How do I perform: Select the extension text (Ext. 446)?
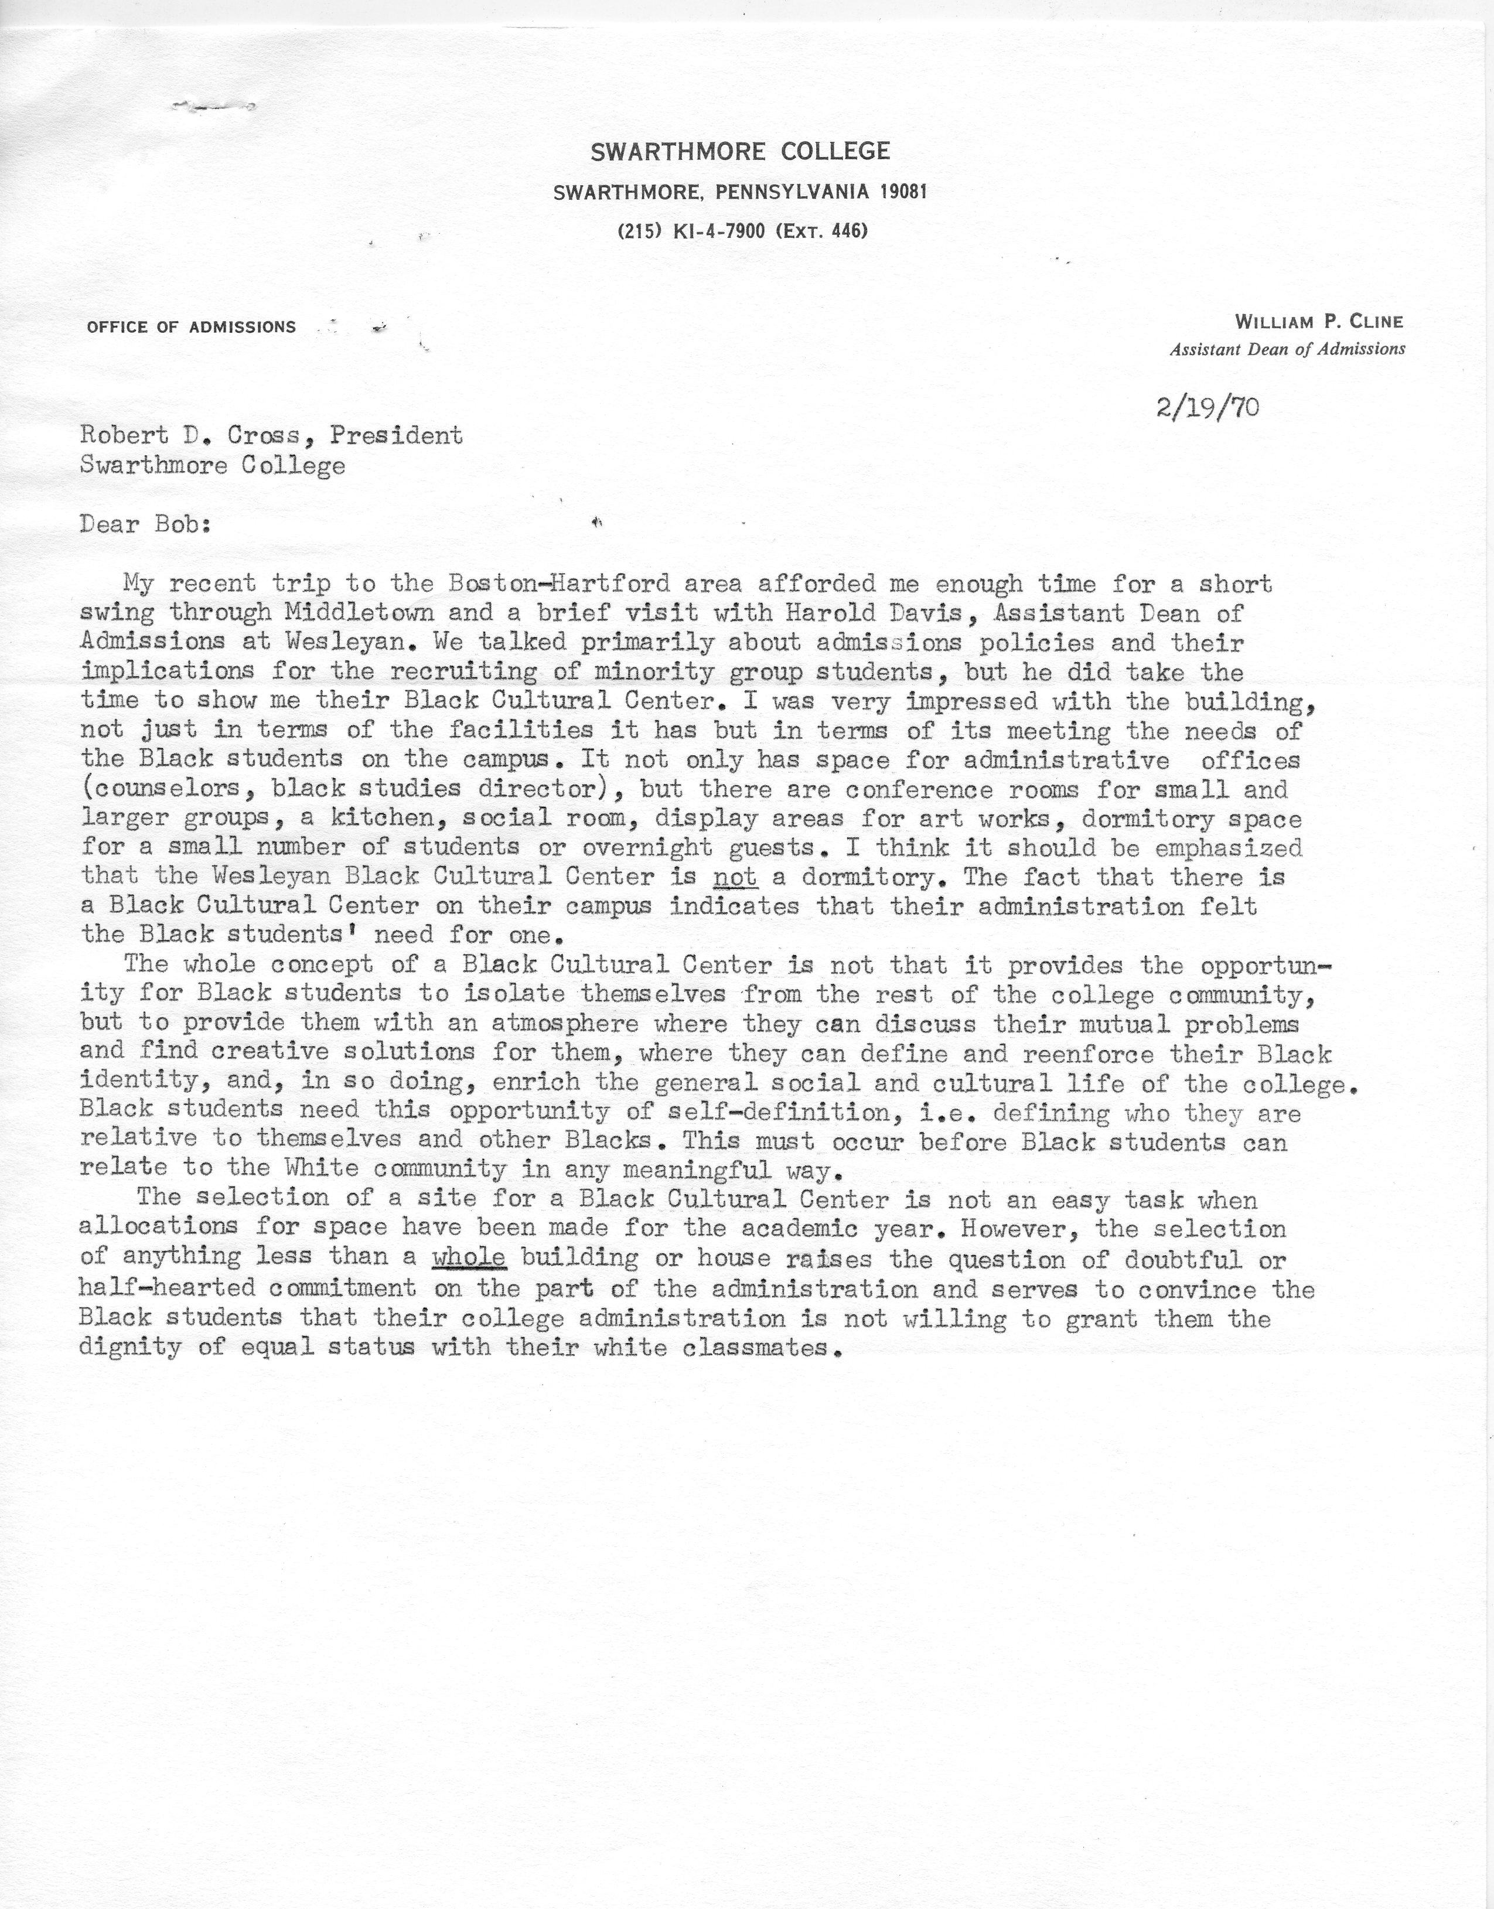click(x=821, y=232)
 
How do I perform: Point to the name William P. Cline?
click(x=1319, y=322)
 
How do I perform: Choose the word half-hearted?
click(x=166, y=1288)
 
